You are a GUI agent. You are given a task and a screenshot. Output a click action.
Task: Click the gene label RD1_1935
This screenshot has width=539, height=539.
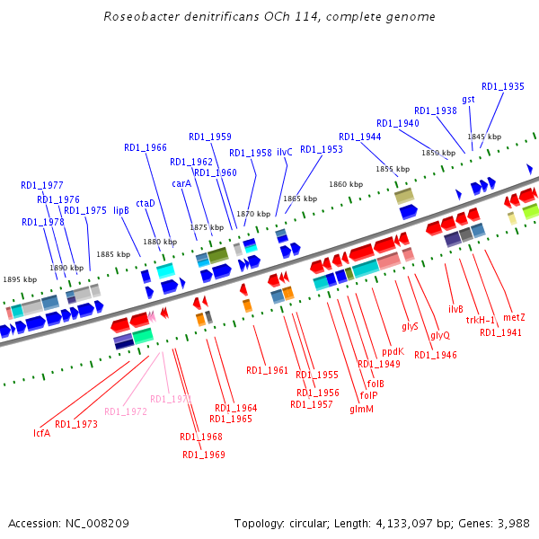(x=503, y=87)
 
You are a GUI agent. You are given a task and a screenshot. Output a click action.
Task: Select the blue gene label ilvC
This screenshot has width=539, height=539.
(x=285, y=153)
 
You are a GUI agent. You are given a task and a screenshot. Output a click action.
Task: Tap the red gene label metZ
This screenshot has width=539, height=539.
(x=514, y=318)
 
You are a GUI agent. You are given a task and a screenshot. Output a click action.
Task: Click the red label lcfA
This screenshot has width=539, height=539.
(x=41, y=433)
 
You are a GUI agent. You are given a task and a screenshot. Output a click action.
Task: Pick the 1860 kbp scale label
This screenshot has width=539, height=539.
(x=346, y=184)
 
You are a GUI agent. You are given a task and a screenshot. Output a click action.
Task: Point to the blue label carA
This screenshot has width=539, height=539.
(x=181, y=183)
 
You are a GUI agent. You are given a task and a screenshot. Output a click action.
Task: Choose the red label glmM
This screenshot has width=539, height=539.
(x=361, y=410)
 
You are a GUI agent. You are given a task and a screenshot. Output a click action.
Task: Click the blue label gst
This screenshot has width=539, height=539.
(x=468, y=99)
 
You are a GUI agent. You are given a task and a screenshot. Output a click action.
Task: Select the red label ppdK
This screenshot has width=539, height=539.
(x=393, y=351)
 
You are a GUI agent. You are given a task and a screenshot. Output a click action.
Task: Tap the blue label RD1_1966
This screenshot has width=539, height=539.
(x=146, y=148)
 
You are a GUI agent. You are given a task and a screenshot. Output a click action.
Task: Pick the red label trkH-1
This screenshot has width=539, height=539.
(x=481, y=320)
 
